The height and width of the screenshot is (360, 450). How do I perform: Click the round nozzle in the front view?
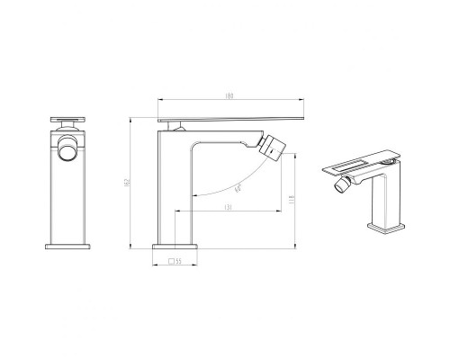coord(68,148)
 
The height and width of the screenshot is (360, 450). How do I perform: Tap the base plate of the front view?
coord(69,244)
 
